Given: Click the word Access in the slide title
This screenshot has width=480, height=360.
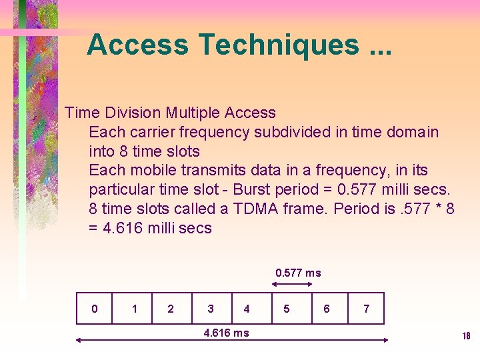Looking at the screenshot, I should tap(138, 45).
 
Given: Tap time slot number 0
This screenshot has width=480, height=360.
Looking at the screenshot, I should tap(94, 309).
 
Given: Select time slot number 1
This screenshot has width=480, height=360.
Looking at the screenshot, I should tap(135, 309).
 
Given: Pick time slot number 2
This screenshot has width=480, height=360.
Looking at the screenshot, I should tap(171, 309).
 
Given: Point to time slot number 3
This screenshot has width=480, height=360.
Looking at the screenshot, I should tap(211, 309).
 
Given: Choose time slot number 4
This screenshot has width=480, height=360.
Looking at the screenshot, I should tap(247, 309).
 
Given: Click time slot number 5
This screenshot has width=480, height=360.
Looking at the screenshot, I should tap(287, 309).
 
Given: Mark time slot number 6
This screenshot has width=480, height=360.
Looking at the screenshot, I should tap(327, 309).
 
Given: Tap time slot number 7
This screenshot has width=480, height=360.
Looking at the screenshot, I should tap(366, 309).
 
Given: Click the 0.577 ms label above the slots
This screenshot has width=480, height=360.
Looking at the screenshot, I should tap(298, 273).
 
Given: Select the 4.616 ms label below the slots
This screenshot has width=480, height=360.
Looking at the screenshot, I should tap(226, 333).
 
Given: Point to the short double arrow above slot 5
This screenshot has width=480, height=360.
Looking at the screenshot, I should tap(292, 284).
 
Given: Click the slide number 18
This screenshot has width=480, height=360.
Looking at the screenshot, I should tap(466, 336).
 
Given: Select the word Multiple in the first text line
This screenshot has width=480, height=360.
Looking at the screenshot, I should tap(193, 113).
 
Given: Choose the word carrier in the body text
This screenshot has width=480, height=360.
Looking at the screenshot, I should tap(145, 132).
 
